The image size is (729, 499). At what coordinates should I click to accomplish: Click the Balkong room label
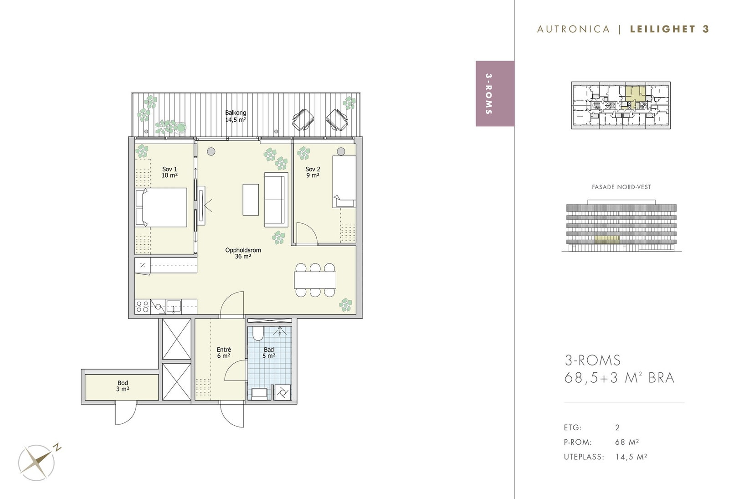click(x=236, y=116)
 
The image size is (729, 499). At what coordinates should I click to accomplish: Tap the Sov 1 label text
click(x=169, y=172)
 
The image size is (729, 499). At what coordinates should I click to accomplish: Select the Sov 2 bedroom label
click(x=313, y=172)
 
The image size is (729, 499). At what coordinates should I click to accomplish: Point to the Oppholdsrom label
click(x=243, y=253)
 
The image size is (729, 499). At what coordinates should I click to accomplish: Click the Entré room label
click(x=224, y=353)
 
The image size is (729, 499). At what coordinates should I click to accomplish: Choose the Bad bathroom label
click(x=269, y=353)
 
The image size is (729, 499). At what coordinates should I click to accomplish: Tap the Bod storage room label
click(x=123, y=386)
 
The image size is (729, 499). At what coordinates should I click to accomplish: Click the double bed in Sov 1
click(x=161, y=207)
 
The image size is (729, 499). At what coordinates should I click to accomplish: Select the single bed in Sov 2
click(x=344, y=182)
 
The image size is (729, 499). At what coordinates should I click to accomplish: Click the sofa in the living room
click(x=276, y=200)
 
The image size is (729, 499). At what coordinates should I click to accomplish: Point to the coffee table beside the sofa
click(x=251, y=200)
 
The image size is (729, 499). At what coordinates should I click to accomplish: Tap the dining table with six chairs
click(x=315, y=280)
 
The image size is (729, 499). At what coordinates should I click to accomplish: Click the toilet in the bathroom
click(x=258, y=333)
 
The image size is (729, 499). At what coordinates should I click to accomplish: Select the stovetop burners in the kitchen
click(x=143, y=307)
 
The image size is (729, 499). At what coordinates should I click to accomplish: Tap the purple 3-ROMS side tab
click(x=495, y=94)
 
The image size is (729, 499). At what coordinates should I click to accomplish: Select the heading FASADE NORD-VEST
click(x=621, y=187)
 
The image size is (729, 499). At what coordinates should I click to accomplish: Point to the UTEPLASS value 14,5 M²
click(x=631, y=457)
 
